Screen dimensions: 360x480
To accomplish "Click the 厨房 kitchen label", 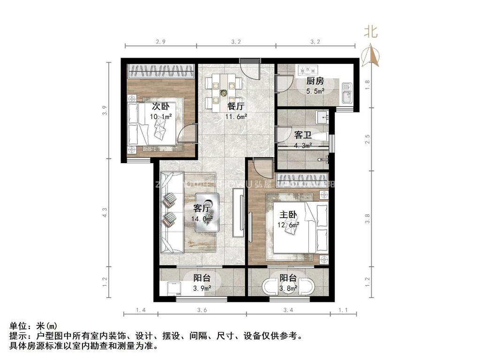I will click(315, 81).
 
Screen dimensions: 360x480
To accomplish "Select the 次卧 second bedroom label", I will click(160, 106).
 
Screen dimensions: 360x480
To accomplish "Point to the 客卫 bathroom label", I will click(302, 135).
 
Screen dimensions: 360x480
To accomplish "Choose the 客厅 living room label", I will click(203, 208).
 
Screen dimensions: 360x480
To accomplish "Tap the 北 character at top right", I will click(371, 31).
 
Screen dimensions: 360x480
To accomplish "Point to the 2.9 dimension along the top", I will click(161, 42).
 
